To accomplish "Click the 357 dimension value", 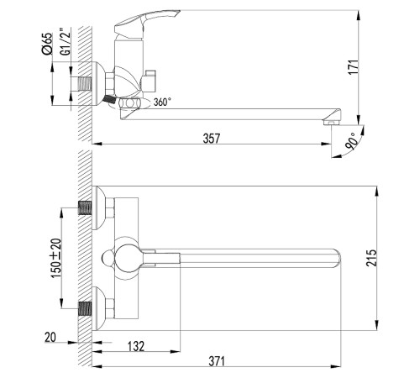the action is tap(212, 139).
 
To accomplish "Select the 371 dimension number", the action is tap(217, 361).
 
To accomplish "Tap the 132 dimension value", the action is tap(136, 346).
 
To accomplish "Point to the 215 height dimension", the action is tap(371, 258).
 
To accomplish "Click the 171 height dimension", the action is tap(354, 66).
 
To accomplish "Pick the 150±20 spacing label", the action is tap(55, 258).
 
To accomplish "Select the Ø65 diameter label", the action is tap(47, 44).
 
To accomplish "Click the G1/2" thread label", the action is tap(65, 41).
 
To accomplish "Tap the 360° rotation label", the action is tap(162, 102).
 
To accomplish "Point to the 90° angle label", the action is tap(352, 141).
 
